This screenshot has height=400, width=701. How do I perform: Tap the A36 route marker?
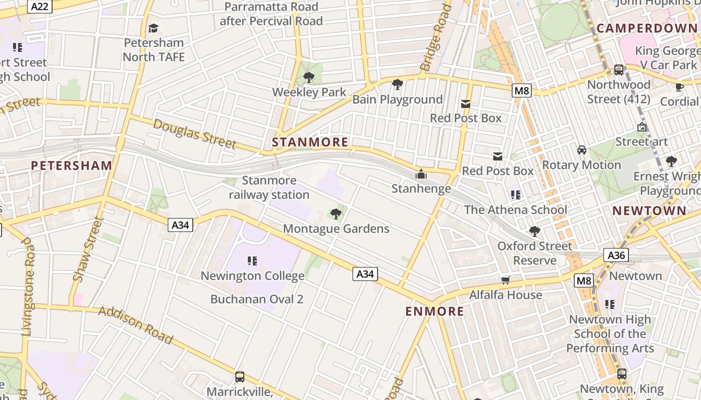point(615,255)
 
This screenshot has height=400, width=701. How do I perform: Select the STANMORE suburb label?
point(310,142)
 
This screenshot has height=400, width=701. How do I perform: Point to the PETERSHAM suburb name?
point(72,165)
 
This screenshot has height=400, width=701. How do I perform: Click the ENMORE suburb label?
point(435,311)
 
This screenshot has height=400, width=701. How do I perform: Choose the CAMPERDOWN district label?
point(646,28)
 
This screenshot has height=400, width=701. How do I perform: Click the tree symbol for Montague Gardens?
point(336,214)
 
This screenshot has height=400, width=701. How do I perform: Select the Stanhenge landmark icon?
point(421,174)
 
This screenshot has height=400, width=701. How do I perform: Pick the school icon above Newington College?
point(252,261)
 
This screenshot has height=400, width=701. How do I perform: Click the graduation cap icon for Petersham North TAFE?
point(154,28)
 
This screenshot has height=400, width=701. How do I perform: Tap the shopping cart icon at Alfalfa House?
point(506,280)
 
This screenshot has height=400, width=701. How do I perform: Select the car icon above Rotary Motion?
point(582,150)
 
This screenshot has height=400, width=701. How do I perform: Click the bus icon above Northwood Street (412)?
point(619,70)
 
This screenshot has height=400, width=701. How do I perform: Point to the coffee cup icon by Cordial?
point(679,87)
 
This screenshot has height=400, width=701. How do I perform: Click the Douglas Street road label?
point(194,133)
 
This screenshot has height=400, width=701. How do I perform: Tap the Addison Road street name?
point(136,325)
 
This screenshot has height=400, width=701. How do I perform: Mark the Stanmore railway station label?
point(269,187)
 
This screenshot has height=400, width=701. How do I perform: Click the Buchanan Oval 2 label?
point(257,299)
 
